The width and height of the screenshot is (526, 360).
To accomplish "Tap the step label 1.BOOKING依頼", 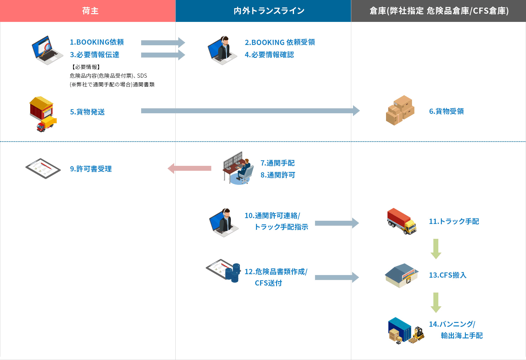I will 97,42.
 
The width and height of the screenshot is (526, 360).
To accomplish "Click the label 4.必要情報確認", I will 269,55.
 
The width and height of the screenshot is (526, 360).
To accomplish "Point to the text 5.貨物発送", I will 87,112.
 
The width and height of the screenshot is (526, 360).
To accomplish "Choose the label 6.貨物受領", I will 446,111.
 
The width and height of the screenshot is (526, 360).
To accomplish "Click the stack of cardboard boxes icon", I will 400,111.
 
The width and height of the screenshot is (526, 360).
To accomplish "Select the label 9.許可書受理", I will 91,169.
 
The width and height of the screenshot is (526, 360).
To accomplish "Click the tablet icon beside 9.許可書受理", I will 43,168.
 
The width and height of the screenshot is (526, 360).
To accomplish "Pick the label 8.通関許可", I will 278,175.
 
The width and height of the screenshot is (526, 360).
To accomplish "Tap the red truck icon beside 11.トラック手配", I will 401,221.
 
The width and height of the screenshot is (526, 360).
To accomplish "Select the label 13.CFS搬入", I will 447,275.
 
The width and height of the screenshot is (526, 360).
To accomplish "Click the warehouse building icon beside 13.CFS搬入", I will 401,275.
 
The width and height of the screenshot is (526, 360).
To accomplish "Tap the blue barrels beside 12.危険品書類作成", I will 233,273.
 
